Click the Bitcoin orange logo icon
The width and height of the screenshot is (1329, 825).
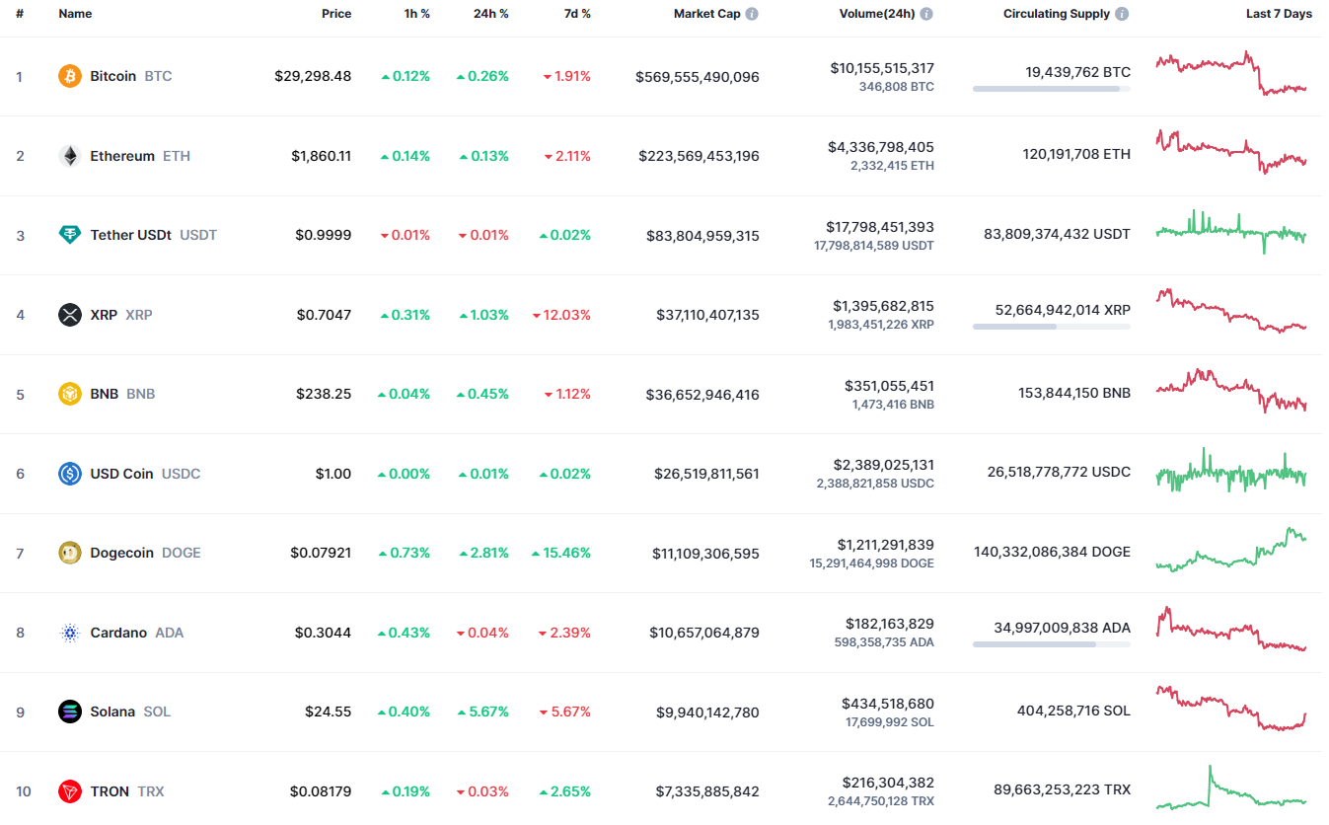click(70, 76)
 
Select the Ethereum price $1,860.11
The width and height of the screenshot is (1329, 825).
click(321, 156)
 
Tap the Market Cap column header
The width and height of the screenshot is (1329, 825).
click(706, 14)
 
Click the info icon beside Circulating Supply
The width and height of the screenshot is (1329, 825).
click(1122, 14)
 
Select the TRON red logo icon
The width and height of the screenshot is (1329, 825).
click(70, 791)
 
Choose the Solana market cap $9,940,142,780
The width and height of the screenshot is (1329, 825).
click(707, 712)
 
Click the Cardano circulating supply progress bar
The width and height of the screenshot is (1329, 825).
click(1051, 644)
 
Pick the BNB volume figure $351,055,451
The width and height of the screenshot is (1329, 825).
click(888, 386)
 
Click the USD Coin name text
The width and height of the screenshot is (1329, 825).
click(121, 474)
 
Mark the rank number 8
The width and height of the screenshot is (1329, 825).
click(20, 633)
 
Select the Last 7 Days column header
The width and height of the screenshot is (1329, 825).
click(1279, 14)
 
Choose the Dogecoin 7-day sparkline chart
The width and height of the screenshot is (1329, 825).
click(1230, 551)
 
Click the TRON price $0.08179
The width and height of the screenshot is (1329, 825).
click(321, 791)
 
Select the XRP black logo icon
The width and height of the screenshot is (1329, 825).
click(70, 315)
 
